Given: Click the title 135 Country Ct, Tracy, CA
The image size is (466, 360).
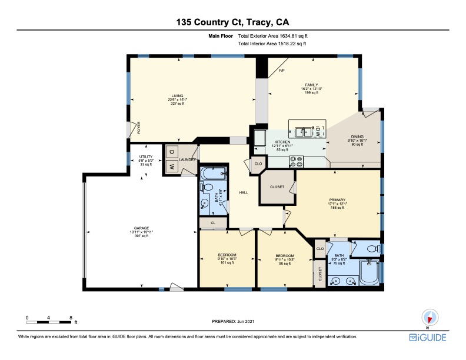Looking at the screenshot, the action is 232,22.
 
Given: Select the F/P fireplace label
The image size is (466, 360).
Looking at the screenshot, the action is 282,71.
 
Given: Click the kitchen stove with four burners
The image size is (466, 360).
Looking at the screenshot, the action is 297,162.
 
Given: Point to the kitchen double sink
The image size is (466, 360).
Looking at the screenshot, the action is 303,132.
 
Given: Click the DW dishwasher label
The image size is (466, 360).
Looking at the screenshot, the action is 318,131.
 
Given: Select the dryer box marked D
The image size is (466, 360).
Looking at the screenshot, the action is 171,152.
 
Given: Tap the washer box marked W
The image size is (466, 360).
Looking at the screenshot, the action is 171,166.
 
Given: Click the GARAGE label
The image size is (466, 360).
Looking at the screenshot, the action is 141,228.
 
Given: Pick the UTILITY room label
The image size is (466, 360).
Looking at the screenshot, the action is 146,157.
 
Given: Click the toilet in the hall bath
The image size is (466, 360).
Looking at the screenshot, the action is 207,188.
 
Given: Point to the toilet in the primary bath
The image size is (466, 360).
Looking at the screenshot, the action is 374,248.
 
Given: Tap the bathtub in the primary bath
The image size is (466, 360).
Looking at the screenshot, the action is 370,272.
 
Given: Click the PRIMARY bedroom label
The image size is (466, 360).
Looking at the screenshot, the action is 337,200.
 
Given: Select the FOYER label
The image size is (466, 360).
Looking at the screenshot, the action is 139,128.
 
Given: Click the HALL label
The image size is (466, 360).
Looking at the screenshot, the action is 244,193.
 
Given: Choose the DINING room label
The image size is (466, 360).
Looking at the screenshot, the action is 357,137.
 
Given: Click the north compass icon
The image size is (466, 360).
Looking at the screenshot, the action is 430,318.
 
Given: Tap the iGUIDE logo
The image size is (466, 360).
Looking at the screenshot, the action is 428,338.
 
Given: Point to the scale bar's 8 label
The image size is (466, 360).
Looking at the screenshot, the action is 71,318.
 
